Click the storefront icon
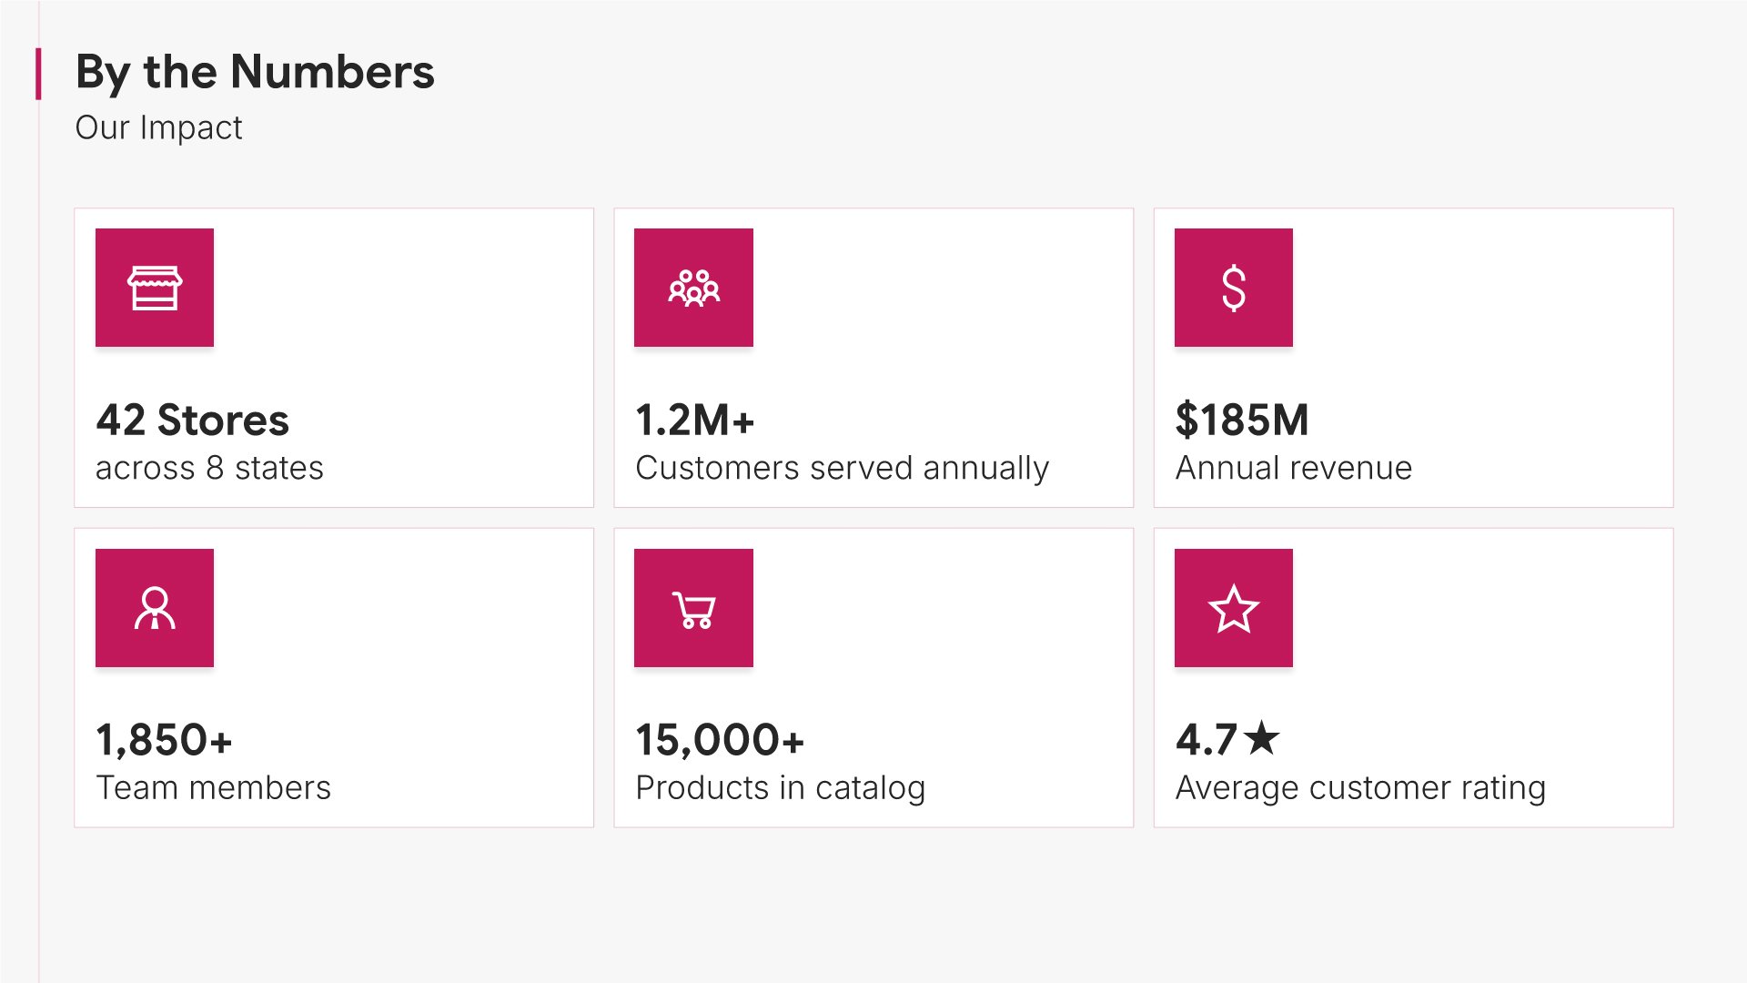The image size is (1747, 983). click(x=155, y=288)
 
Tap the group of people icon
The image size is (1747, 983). click(x=693, y=288)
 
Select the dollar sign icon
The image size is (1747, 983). click(x=1233, y=288)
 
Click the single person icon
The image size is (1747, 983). click(x=155, y=608)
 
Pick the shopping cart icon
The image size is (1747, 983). click(x=693, y=608)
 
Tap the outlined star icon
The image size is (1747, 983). click(x=1233, y=608)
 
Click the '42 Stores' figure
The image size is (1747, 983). click(x=192, y=421)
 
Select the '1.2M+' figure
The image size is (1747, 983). click(x=694, y=421)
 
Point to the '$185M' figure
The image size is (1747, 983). click(x=1241, y=421)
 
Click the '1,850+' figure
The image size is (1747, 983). click(x=164, y=740)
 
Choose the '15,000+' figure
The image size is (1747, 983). click(x=719, y=740)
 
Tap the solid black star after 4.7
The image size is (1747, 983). click(x=1262, y=738)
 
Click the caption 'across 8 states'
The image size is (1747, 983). click(x=209, y=468)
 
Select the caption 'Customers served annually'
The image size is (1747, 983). click(x=842, y=468)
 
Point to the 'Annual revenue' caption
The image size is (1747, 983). click(x=1293, y=468)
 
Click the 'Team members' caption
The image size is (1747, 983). click(x=213, y=787)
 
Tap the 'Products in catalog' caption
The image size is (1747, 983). click(x=780, y=787)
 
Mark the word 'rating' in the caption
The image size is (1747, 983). click(x=1503, y=788)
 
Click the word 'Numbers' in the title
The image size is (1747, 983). click(x=332, y=72)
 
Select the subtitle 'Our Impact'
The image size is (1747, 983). click(x=158, y=127)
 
